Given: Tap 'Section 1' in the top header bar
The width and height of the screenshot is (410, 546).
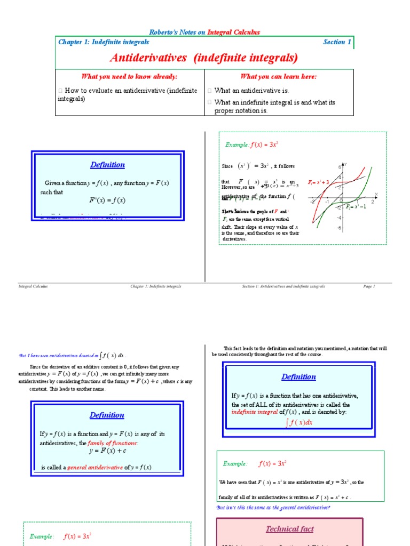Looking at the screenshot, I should (x=337, y=42).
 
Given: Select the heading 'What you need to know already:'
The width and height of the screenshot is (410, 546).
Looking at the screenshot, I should (x=129, y=77).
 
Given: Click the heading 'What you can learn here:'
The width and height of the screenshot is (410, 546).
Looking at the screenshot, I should (x=279, y=77).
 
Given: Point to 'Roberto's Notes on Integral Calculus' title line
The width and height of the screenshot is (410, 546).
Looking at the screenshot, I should (x=204, y=32).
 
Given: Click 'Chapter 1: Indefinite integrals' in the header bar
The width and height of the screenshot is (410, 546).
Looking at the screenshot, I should (x=104, y=42).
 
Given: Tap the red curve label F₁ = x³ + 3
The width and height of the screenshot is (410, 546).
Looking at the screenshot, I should (x=320, y=182).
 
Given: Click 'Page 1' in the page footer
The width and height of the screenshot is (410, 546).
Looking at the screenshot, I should (x=369, y=286).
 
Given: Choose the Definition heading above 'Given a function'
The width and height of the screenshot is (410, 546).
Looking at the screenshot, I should (x=107, y=165).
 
